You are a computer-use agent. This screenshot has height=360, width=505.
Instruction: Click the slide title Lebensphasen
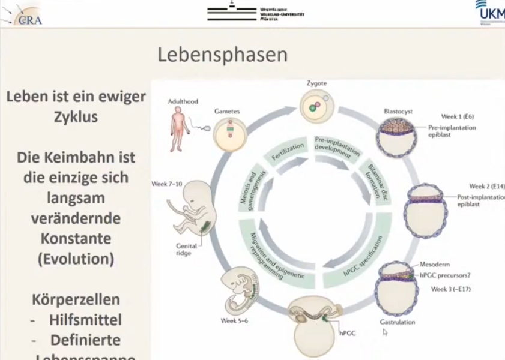(222, 55)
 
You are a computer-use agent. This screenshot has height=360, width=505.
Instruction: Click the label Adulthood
(183, 101)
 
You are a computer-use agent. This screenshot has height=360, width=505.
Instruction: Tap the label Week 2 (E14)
(486, 186)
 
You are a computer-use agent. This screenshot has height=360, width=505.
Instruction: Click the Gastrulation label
(398, 322)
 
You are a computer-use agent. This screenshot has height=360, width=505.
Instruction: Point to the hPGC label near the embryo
(348, 332)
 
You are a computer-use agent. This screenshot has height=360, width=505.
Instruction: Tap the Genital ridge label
(187, 249)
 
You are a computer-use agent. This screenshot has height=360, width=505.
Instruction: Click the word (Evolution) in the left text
(75, 260)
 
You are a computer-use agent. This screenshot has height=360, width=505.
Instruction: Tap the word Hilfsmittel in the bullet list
(86, 320)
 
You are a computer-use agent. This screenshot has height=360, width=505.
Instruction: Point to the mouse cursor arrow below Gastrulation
(385, 332)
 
